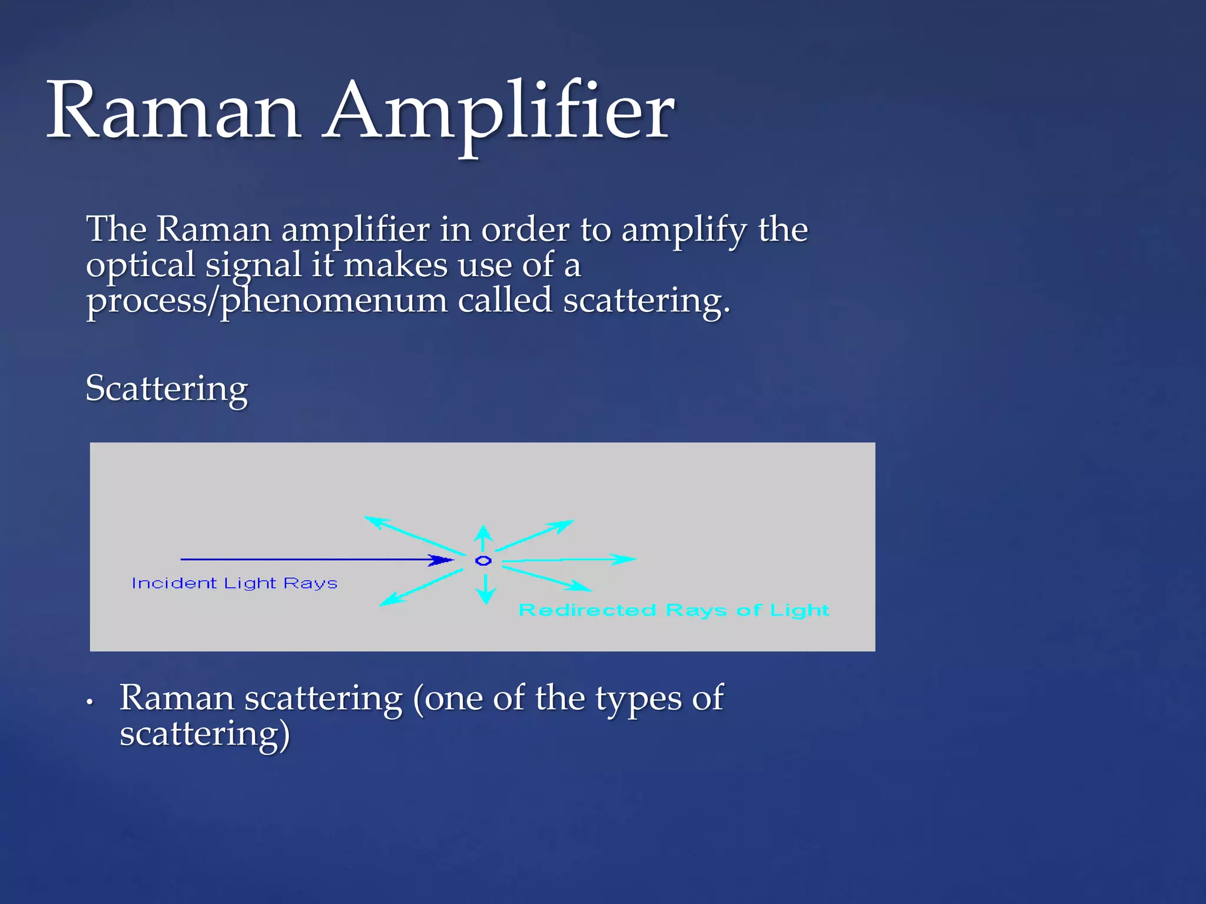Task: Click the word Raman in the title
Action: tap(174, 112)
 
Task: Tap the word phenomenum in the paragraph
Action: tap(333, 301)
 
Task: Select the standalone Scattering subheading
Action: tap(167, 389)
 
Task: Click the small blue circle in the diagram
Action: tap(483, 561)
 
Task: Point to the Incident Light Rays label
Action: tap(234, 583)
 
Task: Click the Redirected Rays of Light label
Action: tap(674, 610)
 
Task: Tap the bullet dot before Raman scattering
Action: tap(90, 702)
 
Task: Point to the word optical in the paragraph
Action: tap(140, 265)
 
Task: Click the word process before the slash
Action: tap(144, 301)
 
